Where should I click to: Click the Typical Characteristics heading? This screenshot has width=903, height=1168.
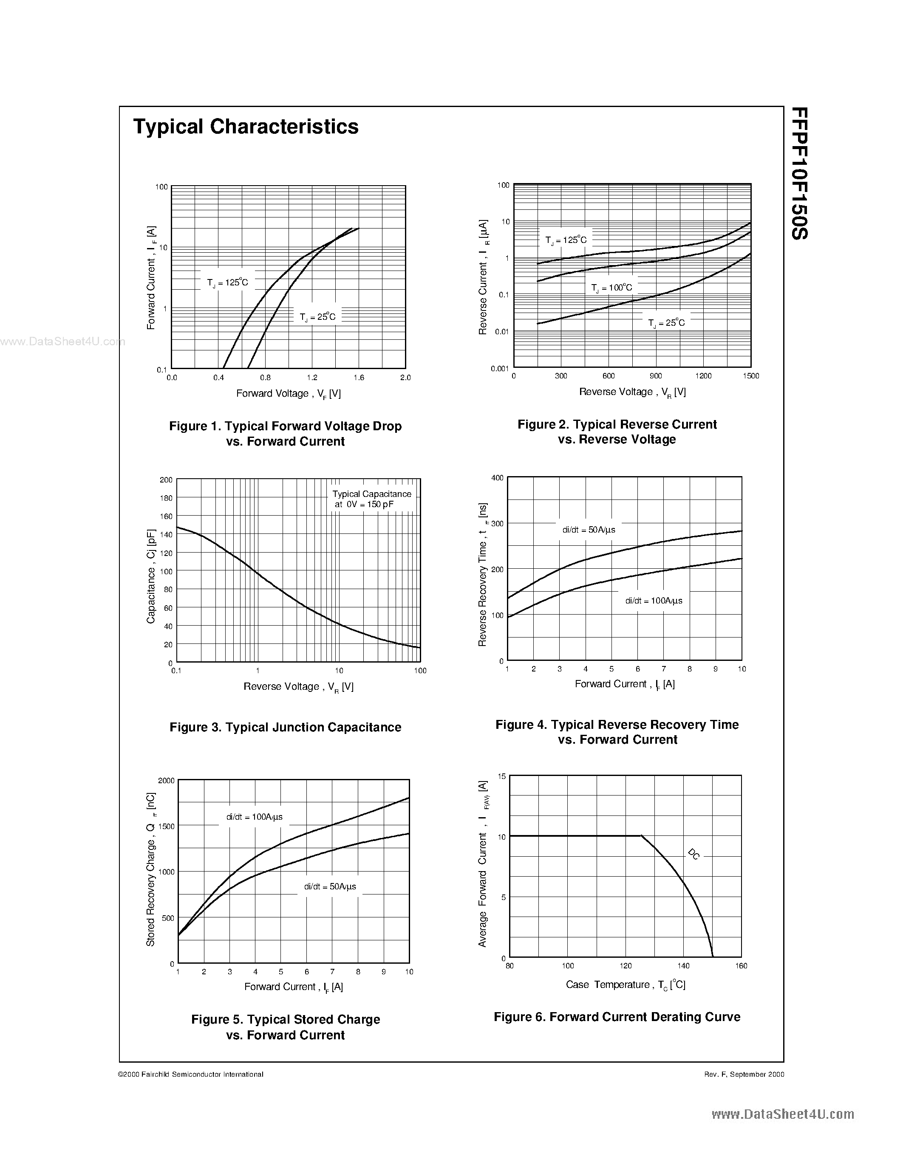246,127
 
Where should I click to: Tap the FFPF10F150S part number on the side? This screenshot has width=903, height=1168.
799,174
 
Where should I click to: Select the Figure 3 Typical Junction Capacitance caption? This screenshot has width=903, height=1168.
285,727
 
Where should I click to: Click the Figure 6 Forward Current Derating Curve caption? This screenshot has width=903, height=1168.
617,1017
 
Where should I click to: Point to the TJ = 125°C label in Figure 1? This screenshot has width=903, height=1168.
228,282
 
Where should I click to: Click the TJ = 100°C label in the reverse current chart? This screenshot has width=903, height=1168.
611,288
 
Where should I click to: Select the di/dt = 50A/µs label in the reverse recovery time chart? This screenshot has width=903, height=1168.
589,530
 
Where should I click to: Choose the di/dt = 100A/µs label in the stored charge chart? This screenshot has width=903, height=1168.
254,817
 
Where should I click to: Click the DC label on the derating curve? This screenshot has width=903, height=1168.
694,854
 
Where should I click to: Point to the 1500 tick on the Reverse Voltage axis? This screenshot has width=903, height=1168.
750,376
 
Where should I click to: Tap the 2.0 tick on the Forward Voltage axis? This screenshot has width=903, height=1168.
405,378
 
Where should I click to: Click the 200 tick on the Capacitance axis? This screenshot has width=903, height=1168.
166,480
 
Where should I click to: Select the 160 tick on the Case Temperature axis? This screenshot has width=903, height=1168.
742,966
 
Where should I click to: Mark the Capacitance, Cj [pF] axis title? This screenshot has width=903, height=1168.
151,576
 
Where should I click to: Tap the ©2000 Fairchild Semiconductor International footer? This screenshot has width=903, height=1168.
190,1074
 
